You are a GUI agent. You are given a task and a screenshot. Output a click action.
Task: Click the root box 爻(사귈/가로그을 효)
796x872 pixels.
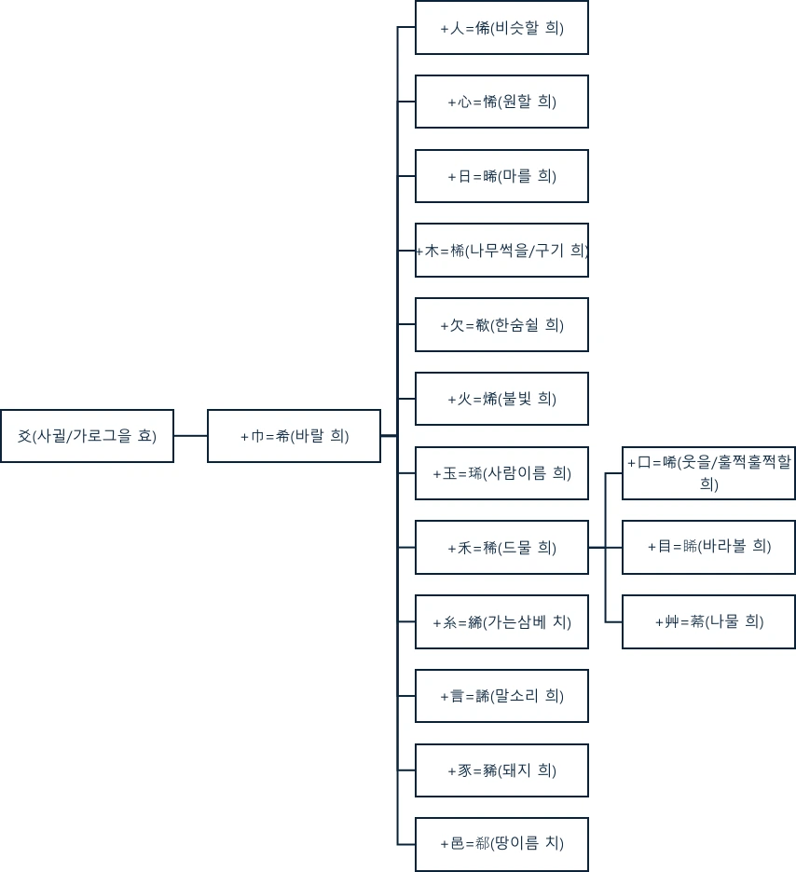pyautogui.click(x=87, y=436)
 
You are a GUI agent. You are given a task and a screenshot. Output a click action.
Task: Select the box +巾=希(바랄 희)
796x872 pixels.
pyautogui.click(x=294, y=436)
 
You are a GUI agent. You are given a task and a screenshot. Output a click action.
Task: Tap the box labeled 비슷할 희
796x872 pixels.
pyautogui.click(x=501, y=28)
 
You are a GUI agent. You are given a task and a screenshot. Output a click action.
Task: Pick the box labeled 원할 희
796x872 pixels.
pyautogui.click(x=501, y=102)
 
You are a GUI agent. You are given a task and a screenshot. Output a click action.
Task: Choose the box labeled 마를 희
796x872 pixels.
pyautogui.click(x=501, y=176)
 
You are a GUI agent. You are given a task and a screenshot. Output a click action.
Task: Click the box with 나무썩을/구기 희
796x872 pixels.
pyautogui.click(x=501, y=251)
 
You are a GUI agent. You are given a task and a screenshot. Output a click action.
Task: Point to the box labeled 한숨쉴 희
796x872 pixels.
pyautogui.click(x=501, y=325)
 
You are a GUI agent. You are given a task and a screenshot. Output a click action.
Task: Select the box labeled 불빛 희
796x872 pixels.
pyautogui.click(x=501, y=399)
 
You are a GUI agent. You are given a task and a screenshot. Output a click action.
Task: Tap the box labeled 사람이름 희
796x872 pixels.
pyautogui.click(x=501, y=473)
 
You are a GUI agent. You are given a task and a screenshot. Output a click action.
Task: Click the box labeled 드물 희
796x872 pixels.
pyautogui.click(x=501, y=548)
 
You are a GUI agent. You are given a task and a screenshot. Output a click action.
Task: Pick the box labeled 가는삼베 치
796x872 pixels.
pyautogui.click(x=501, y=622)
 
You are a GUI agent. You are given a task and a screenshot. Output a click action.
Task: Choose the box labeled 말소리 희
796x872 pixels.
pyautogui.click(x=501, y=696)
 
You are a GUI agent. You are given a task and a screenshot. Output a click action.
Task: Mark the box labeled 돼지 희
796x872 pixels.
pyautogui.click(x=501, y=770)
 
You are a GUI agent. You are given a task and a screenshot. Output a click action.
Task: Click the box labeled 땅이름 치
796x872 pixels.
pyautogui.click(x=501, y=844)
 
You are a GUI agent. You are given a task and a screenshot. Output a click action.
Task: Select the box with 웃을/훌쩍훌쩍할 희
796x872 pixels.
pyautogui.click(x=708, y=473)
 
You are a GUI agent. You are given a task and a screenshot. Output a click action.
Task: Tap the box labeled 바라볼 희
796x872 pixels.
pyautogui.click(x=708, y=547)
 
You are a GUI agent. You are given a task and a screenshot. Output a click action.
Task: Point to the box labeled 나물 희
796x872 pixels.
pyautogui.click(x=708, y=621)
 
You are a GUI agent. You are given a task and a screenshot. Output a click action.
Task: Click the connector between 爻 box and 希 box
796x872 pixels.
pyautogui.click(x=190, y=436)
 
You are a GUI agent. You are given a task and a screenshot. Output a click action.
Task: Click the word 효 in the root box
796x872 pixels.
pyautogui.click(x=147, y=436)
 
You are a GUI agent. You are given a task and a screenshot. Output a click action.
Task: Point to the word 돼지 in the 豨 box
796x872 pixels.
pyautogui.click(x=518, y=770)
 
